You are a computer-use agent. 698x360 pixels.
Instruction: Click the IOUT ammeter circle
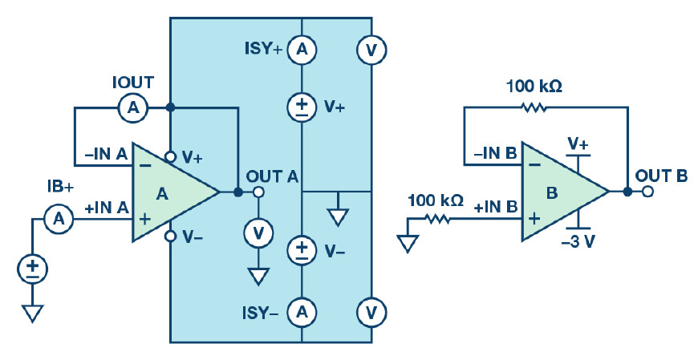(x=133, y=107)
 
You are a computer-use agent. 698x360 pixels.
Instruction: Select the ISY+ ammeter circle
(x=302, y=50)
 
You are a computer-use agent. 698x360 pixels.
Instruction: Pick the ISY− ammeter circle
(x=302, y=313)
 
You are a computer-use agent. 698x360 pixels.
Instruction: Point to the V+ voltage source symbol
(x=302, y=107)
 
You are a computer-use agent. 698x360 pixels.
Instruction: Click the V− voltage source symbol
(x=302, y=250)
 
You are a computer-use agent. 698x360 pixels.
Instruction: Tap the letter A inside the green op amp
(x=163, y=193)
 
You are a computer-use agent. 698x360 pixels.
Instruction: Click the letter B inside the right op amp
(x=552, y=193)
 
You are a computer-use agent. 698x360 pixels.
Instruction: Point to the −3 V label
(x=578, y=241)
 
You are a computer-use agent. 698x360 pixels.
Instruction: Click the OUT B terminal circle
(x=647, y=192)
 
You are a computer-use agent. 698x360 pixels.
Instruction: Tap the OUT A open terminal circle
(x=258, y=192)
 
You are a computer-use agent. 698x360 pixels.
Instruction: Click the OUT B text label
(x=661, y=176)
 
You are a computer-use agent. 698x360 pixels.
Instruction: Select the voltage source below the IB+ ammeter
(x=32, y=269)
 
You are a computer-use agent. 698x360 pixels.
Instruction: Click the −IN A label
(x=106, y=155)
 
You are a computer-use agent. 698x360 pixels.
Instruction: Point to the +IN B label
(x=496, y=207)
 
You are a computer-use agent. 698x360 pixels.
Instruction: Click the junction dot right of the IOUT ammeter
(x=169, y=107)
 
